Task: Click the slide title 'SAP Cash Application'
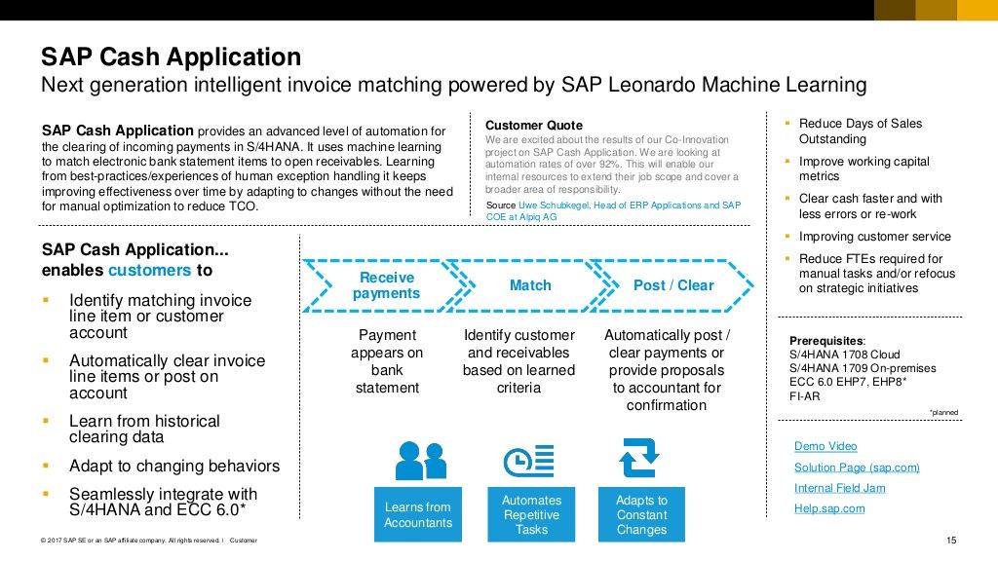click(171, 57)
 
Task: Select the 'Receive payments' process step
click(386, 285)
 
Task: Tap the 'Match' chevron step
click(530, 285)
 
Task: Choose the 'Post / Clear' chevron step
click(672, 285)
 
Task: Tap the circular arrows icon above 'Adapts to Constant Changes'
click(640, 458)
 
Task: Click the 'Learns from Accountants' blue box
click(417, 514)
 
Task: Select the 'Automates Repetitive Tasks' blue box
click(531, 514)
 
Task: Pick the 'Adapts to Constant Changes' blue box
click(641, 514)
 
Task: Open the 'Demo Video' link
click(825, 446)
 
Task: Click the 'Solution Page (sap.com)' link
click(857, 467)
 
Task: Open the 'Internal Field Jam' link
click(839, 488)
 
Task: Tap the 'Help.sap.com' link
click(829, 508)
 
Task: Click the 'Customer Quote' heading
click(533, 125)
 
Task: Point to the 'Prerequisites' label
click(825, 340)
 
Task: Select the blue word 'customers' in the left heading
click(149, 270)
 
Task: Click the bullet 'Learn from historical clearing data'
click(144, 429)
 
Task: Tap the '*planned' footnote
click(943, 413)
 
